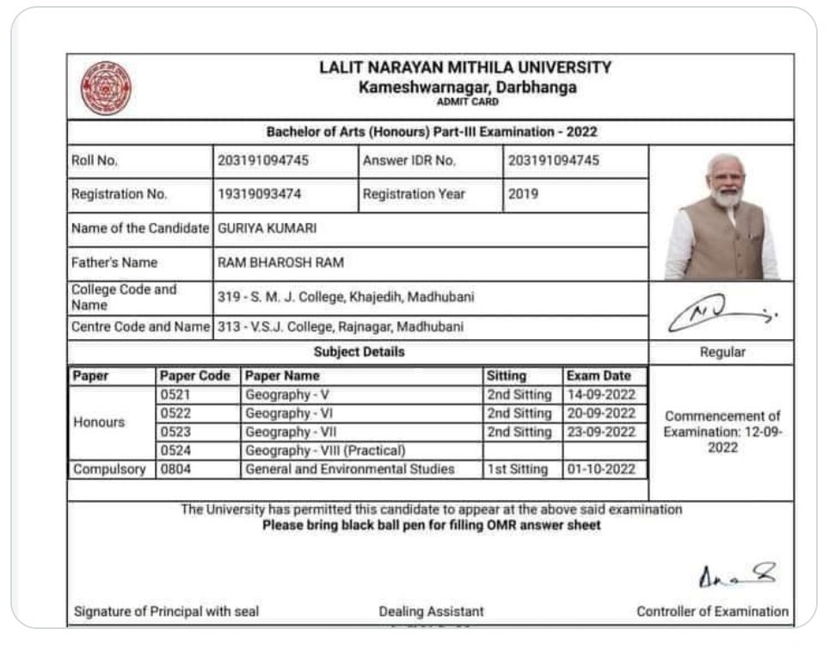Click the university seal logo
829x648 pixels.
click(x=106, y=87)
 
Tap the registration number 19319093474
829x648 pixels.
click(x=259, y=194)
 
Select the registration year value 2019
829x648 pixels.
click(x=523, y=194)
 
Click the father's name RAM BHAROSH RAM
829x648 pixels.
click(x=280, y=262)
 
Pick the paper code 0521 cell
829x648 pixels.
click(x=175, y=395)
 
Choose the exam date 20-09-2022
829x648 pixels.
click(x=601, y=413)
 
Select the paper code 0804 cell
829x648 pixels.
click(x=175, y=470)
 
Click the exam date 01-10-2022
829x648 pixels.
click(x=601, y=470)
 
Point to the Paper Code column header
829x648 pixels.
click(x=195, y=376)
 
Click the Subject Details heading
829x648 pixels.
click(x=359, y=352)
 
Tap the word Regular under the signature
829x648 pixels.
click(x=722, y=352)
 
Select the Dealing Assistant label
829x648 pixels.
click(x=431, y=612)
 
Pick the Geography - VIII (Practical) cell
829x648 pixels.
click(x=325, y=451)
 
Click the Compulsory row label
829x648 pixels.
click(x=110, y=470)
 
